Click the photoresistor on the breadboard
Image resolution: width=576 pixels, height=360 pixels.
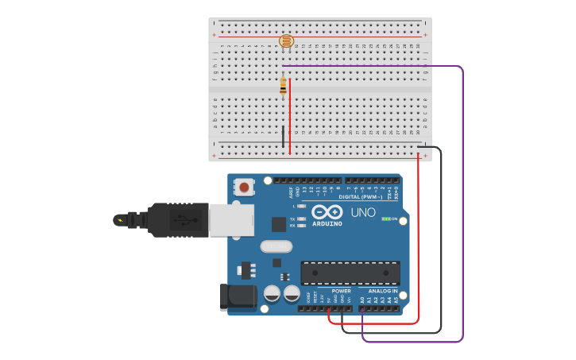pyautogui.click(x=286, y=41)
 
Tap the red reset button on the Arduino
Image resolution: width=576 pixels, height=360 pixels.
pyautogui.click(x=244, y=188)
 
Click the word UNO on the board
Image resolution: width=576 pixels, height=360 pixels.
pyautogui.click(x=363, y=212)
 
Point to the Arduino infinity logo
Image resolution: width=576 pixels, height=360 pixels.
pyautogui.click(x=327, y=212)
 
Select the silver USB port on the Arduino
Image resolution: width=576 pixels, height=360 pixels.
pyautogui.click(x=231, y=220)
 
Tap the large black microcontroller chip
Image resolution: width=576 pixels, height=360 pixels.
pyautogui.click(x=350, y=273)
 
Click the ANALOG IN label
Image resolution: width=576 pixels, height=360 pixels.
pyautogui.click(x=383, y=292)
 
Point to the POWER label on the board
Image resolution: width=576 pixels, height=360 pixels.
pyautogui.click(x=341, y=292)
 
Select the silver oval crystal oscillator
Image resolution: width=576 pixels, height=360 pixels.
pyautogui.click(x=276, y=246)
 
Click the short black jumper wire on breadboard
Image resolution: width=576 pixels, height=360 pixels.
pyautogui.click(x=282, y=136)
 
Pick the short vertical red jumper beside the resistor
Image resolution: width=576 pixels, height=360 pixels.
pyautogui.click(x=290, y=115)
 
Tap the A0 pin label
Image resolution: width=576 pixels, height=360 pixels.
pyautogui.click(x=362, y=300)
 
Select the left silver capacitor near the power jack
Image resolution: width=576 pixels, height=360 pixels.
pyautogui.click(x=272, y=294)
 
